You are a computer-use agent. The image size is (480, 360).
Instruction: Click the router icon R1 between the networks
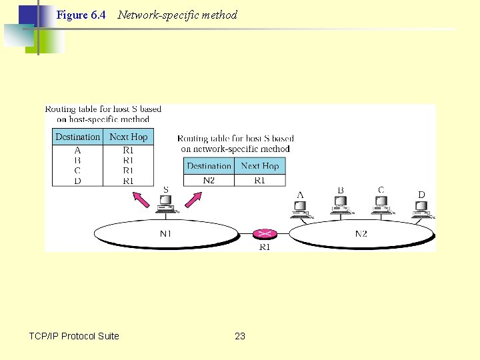point(265,234)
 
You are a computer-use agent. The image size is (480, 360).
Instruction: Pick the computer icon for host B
point(341,208)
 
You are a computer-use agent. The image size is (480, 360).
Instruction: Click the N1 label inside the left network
point(166,234)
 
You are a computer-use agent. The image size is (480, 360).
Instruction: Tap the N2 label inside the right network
point(361,234)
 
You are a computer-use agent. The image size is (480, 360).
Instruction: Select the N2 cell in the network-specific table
point(209,180)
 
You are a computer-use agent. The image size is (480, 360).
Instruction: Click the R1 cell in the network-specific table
point(259,180)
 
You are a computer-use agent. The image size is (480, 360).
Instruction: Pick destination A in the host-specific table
point(78,151)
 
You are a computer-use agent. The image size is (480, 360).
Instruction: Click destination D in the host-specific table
point(78,181)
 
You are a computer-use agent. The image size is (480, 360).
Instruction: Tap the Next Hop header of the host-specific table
point(129,137)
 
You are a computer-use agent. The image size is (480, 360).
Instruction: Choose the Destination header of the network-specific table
point(209,166)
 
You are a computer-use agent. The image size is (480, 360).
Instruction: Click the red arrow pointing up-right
point(193,199)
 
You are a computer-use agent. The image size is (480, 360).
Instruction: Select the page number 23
point(240,336)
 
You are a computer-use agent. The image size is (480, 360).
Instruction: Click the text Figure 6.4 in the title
point(81,15)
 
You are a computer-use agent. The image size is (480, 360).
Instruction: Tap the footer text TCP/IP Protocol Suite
point(74,336)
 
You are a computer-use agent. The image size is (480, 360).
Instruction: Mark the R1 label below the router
point(265,247)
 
